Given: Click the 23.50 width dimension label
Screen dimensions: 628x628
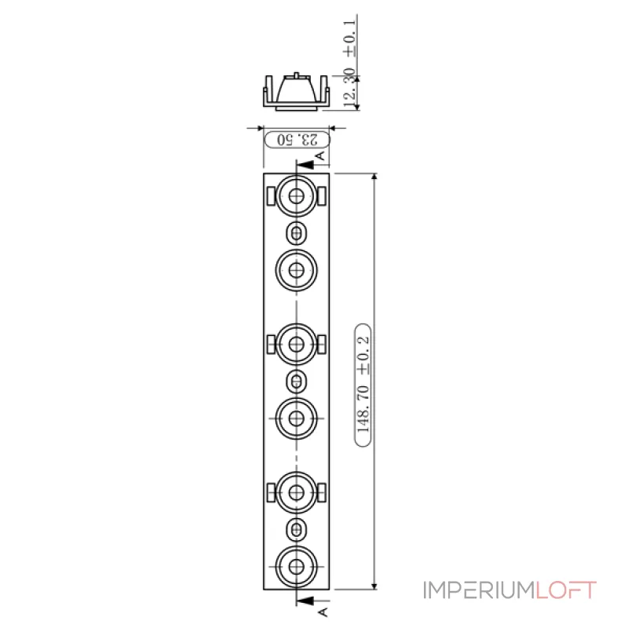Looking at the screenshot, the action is (298, 140).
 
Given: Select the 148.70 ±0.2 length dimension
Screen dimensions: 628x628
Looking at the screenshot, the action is (363, 385).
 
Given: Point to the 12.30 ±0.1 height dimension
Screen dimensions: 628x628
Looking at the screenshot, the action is (349, 64).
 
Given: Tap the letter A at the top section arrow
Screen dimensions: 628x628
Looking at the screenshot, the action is (320, 155).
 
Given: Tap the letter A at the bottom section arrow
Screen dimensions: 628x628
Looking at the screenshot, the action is (323, 612).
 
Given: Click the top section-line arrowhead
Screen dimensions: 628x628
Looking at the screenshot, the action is (305, 165).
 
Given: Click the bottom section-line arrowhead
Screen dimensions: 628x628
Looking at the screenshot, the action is (305, 601).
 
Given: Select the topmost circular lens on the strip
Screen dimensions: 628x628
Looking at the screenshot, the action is (297, 195).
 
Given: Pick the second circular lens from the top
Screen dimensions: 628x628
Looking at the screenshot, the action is (297, 270).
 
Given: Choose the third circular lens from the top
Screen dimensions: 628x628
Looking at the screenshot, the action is (297, 344).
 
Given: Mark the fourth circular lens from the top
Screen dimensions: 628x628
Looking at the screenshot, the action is (297, 418).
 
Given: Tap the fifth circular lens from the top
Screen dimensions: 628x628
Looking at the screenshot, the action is (297, 493).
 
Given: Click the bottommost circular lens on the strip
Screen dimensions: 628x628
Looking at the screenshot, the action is (297, 567).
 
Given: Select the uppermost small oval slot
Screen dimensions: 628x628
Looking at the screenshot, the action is (297, 233).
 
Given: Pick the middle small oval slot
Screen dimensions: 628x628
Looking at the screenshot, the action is (297, 382).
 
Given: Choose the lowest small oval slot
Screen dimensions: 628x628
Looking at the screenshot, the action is (297, 529).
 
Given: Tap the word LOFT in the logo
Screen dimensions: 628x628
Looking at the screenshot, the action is (565, 590).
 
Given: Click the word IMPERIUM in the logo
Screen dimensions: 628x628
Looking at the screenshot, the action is (480, 590).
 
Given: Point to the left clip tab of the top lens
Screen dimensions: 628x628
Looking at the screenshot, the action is (271, 196).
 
